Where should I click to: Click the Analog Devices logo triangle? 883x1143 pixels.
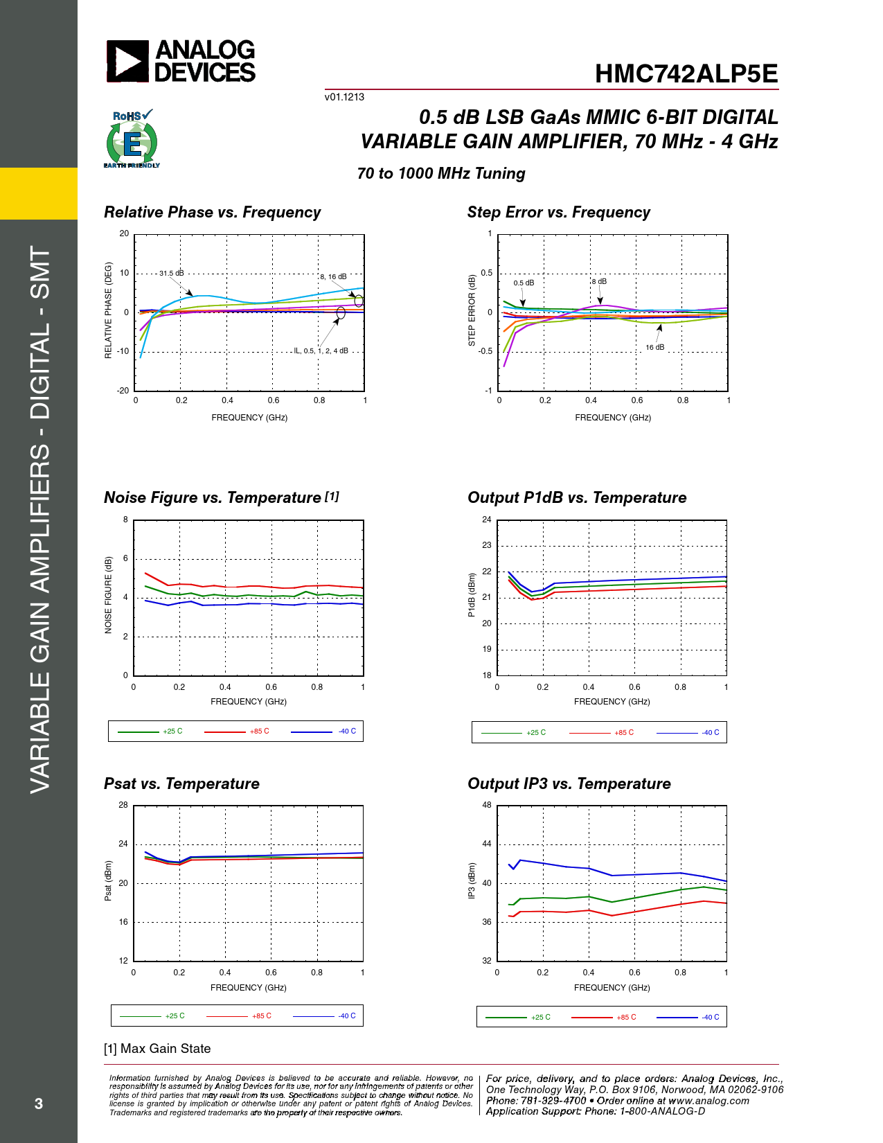127,61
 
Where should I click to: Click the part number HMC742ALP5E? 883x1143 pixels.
686,74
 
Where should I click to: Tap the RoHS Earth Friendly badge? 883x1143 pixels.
132,140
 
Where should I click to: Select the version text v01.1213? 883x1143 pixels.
344,97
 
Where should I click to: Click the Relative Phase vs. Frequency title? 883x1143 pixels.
212,213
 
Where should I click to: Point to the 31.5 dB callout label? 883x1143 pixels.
171,273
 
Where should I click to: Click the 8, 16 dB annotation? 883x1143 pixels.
333,276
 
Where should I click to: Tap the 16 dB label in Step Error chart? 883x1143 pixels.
654,347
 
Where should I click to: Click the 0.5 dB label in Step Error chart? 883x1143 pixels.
524,283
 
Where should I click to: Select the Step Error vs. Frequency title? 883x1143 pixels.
558,213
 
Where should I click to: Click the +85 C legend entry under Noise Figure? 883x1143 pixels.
259,732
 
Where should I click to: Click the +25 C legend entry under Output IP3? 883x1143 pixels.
540,1017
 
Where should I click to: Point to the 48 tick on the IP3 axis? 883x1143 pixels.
486,805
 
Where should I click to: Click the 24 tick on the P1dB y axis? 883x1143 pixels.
486,520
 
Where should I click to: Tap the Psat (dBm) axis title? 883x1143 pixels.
108,881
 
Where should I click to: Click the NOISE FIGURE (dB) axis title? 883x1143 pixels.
108,595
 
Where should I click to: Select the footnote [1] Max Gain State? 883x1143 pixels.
157,1049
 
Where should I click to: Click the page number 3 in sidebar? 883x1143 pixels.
39,1104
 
